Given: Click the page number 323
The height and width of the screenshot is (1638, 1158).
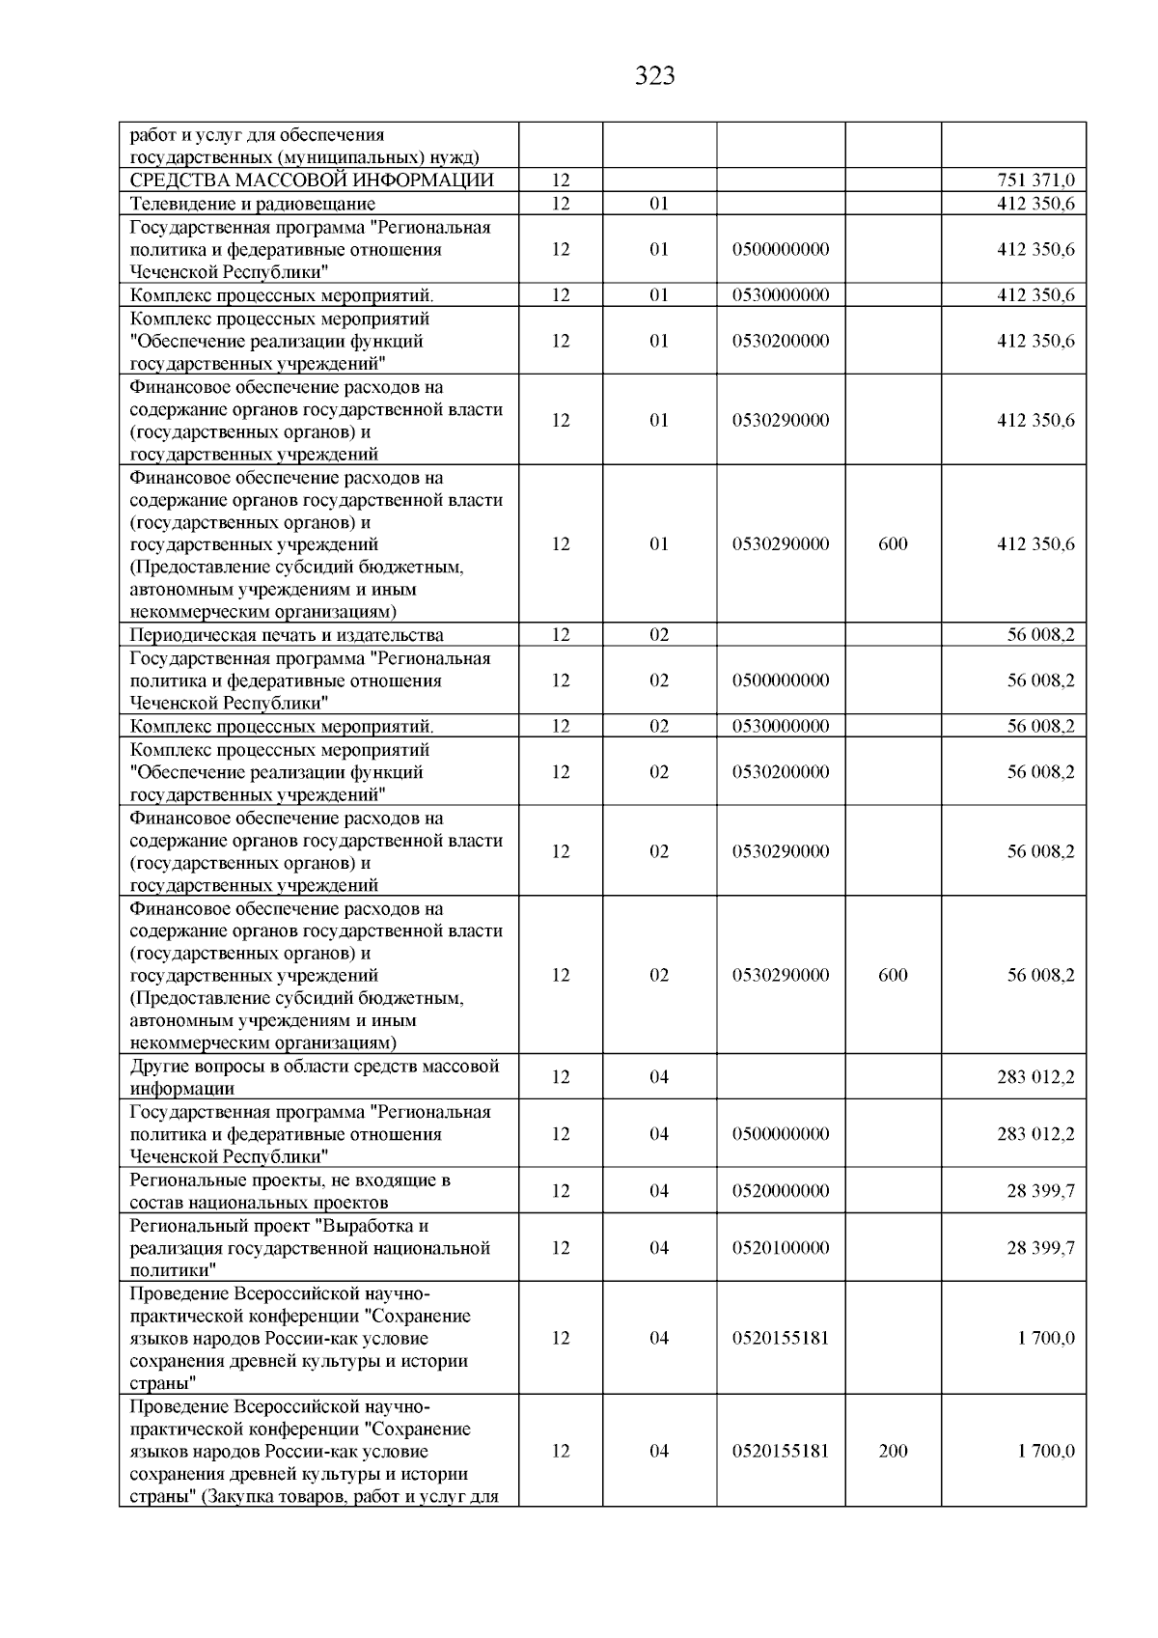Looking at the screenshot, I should click(x=655, y=76).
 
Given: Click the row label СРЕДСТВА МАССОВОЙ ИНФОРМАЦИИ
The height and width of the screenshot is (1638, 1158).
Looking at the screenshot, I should click(x=312, y=180).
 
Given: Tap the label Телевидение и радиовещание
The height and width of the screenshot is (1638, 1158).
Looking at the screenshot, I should click(x=253, y=204).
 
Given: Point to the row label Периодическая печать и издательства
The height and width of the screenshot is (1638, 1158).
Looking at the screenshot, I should click(x=287, y=635).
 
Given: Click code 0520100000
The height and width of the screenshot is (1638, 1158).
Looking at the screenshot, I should click(x=780, y=1248).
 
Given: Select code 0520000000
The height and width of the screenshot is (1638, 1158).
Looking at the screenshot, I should click(x=780, y=1191).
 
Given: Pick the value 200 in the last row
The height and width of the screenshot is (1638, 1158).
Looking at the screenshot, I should click(x=893, y=1452).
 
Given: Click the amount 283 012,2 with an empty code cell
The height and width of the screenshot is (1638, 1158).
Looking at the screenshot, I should click(x=1035, y=1077).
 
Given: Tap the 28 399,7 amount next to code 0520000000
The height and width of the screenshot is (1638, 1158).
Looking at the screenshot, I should click(x=1040, y=1191).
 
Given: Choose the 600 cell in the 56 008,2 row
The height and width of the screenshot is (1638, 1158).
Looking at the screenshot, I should click(x=893, y=976).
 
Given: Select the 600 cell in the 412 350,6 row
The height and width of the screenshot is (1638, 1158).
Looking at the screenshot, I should click(x=893, y=544).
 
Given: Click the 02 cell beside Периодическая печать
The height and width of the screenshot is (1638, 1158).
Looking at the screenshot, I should click(x=658, y=635).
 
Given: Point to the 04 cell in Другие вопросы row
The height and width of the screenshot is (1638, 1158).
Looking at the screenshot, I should click(x=658, y=1077).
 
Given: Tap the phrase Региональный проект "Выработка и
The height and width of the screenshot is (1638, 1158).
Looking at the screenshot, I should click(x=279, y=1226).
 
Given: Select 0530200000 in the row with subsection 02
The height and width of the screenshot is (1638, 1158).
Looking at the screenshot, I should click(x=780, y=772).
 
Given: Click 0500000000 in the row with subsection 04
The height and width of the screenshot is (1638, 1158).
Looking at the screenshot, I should click(x=780, y=1134).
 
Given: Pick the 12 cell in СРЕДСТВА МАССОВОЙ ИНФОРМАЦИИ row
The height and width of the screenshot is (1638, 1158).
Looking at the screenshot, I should click(x=561, y=180).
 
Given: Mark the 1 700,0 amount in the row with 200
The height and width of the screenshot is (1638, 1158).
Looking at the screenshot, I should click(x=1046, y=1452).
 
